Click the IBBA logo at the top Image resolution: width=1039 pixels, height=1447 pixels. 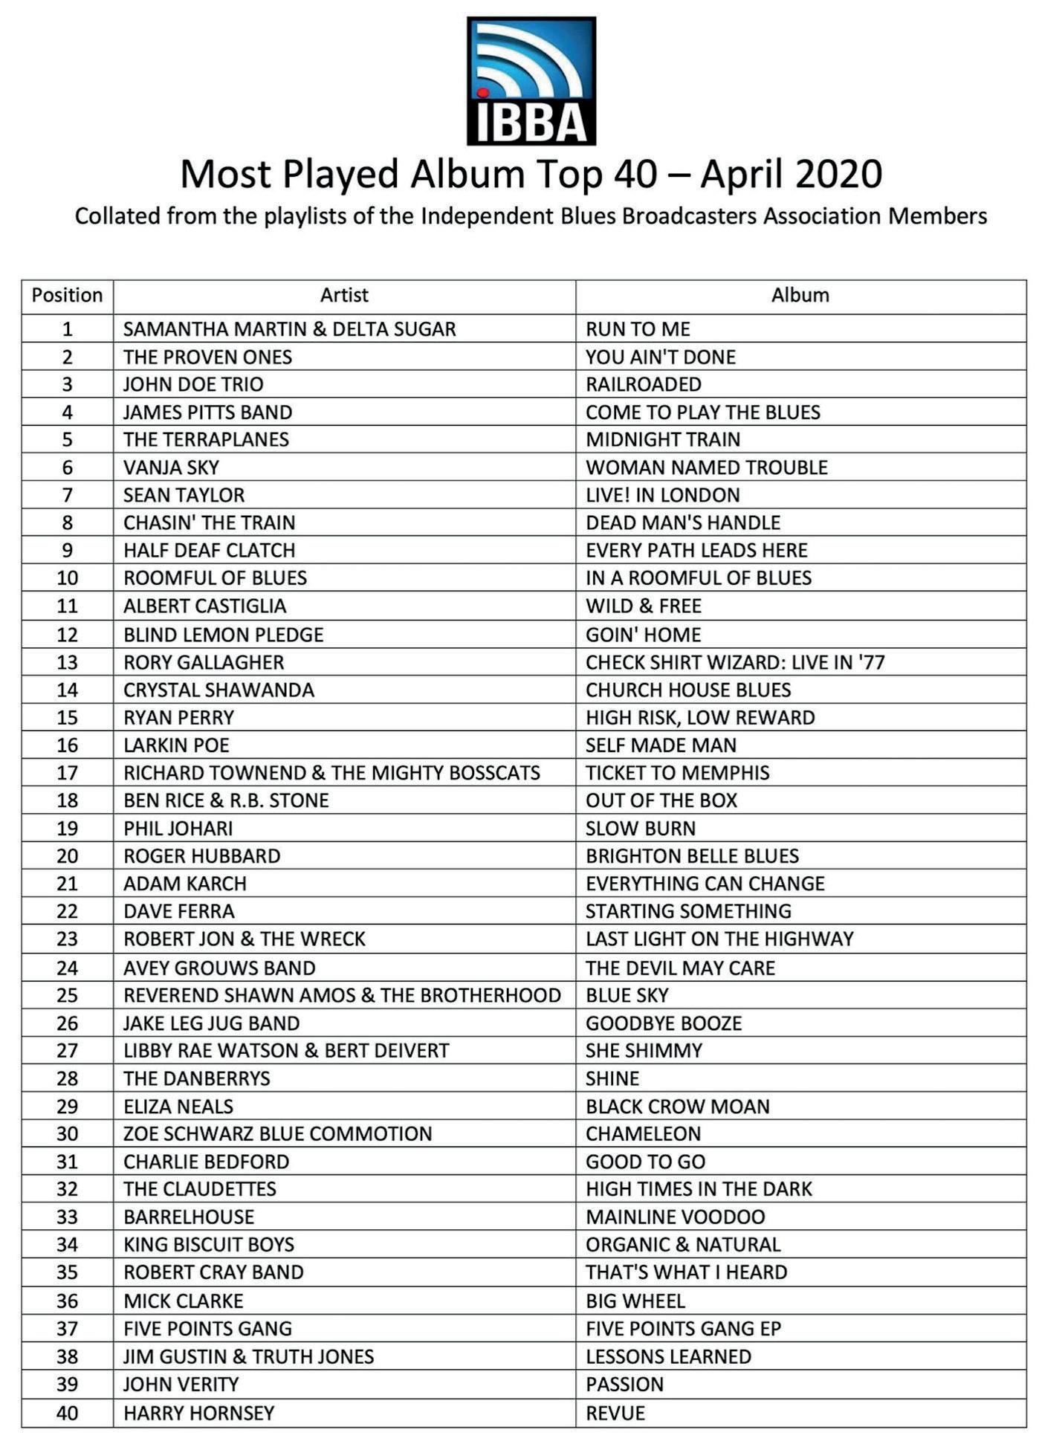coord(531,81)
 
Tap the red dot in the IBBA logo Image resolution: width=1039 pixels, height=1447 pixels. coord(482,94)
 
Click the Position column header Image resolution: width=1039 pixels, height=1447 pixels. coord(67,296)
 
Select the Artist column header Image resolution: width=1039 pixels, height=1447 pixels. coord(344,296)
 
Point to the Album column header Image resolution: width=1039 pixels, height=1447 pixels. coord(800,296)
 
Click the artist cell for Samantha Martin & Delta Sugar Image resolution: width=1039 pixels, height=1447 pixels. coord(289,329)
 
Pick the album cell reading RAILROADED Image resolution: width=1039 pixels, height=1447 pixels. coord(643,384)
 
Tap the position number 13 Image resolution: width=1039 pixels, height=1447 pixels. coord(67,662)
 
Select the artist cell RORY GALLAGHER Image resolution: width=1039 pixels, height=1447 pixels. coord(204,662)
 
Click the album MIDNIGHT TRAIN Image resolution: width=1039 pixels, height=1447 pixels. coord(662,440)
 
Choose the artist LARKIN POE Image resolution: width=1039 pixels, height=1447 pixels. coord(176,745)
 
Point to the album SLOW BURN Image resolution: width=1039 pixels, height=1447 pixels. coord(640,829)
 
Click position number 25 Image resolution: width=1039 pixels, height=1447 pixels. coord(67,995)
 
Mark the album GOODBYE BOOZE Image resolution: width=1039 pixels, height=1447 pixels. coord(663,1023)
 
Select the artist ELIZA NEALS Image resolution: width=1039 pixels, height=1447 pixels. coord(178,1107)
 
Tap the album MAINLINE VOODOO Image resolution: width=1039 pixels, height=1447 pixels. coord(675,1217)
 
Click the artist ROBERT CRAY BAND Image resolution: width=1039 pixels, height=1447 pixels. coord(213,1272)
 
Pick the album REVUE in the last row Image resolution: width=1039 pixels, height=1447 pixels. coord(615,1413)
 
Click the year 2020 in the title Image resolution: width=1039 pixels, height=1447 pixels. coord(838,174)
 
